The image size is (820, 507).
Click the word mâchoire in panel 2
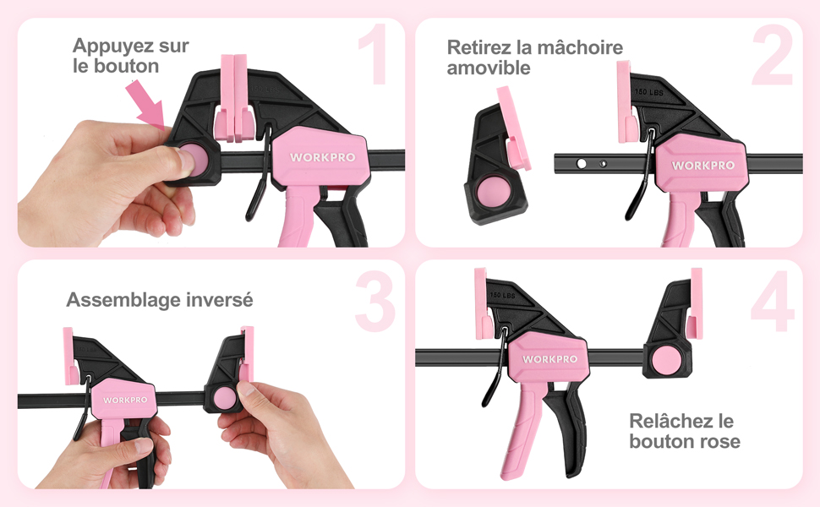pyautogui.click(x=580, y=47)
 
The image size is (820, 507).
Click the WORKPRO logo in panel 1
pyautogui.click(x=323, y=157)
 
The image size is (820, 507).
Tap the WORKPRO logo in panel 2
pyautogui.click(x=703, y=166)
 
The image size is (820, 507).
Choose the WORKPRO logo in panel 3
pyautogui.click(x=125, y=400)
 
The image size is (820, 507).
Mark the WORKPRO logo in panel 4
pyautogui.click(x=549, y=359)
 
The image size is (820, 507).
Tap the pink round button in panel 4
pyautogui.click(x=664, y=360)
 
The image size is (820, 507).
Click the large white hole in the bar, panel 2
pyautogui.click(x=581, y=164)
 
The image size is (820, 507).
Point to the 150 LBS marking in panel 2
pyautogui.click(x=649, y=92)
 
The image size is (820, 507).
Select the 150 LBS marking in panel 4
pyautogui.click(x=502, y=295)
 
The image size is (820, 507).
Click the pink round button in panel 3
pyautogui.click(x=226, y=398)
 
